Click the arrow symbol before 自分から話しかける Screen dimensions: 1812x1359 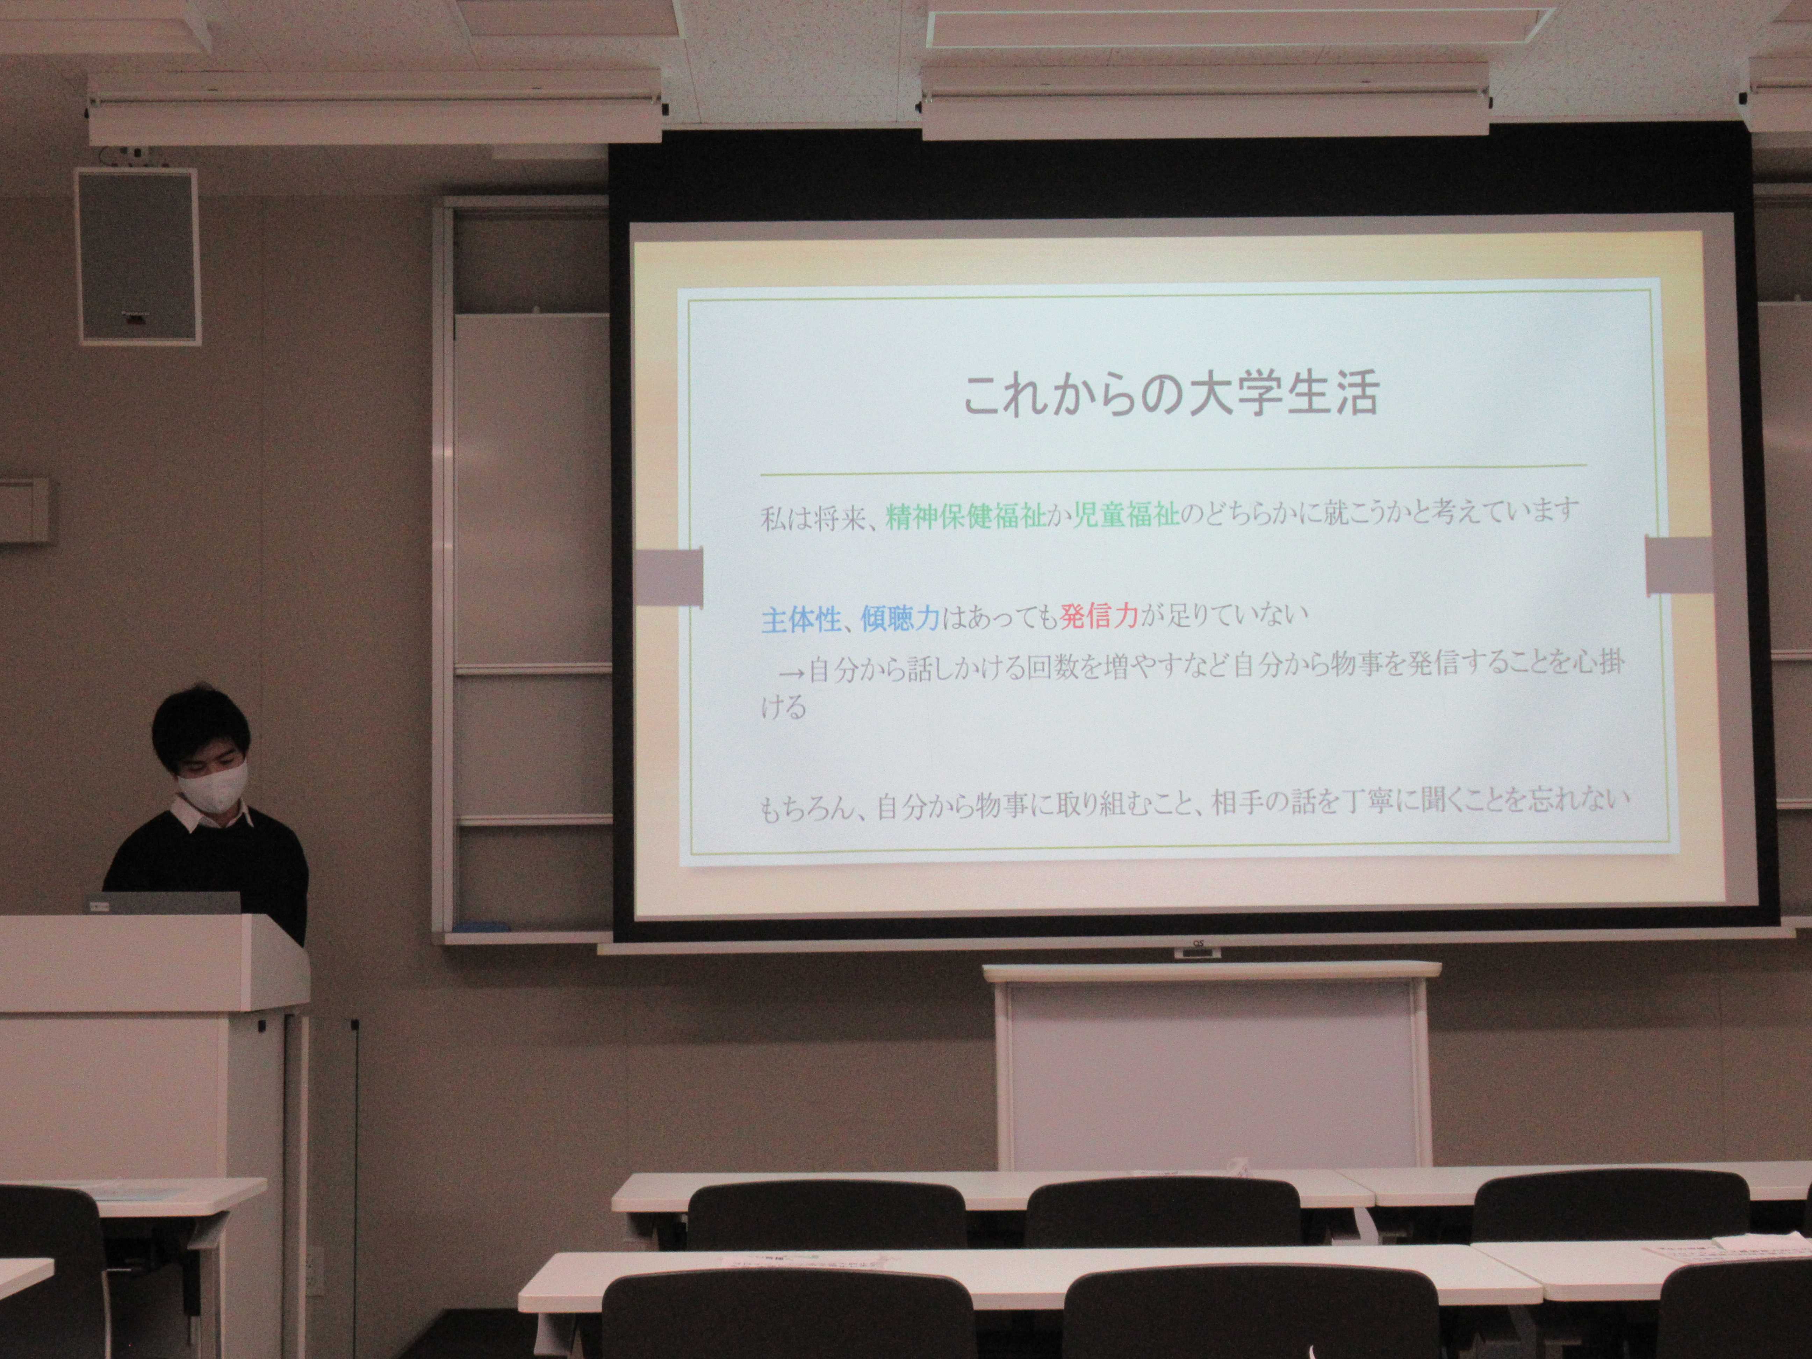click(x=791, y=669)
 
